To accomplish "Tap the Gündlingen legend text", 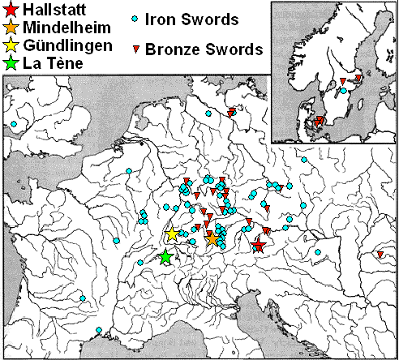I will click(67, 44).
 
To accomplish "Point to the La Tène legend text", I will click(54, 61).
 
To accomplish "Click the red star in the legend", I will click(11, 11).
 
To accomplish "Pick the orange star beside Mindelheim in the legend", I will click(11, 28).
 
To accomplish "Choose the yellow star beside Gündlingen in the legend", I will click(11, 44).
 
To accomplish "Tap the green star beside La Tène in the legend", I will click(11, 61).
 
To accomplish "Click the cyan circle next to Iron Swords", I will click(135, 18).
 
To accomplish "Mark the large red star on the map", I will click(259, 246).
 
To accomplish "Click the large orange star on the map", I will click(212, 238).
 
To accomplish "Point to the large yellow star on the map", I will click(172, 234).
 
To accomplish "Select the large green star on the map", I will click(165, 257).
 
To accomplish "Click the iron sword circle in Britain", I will click(14, 124).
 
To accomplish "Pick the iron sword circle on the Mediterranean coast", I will click(98, 330).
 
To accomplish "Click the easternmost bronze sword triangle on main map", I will click(379, 256).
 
